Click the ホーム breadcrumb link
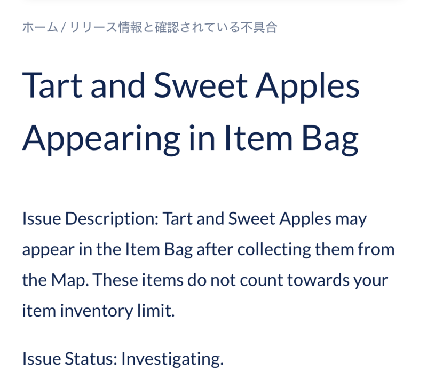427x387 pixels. [x=40, y=27]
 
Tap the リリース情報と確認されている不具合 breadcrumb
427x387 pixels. [x=173, y=27]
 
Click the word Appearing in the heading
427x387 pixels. [x=101, y=139]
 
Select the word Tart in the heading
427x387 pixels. [x=52, y=85]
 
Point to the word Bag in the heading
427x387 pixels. [x=330, y=139]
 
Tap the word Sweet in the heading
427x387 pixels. [x=201, y=85]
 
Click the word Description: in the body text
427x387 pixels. [x=112, y=219]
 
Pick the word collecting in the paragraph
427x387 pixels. [x=274, y=249]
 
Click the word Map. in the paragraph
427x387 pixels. [x=70, y=280]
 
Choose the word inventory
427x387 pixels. [x=97, y=311]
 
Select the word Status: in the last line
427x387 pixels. [x=91, y=359]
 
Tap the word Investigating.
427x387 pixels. [x=172, y=359]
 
